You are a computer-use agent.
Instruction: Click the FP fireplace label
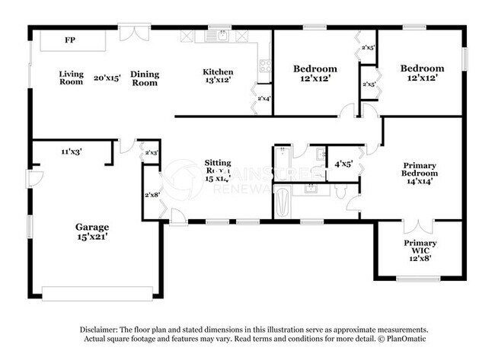tap(70, 40)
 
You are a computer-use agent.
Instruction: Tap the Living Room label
tap(71, 78)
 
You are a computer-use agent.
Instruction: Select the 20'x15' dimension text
tap(107, 78)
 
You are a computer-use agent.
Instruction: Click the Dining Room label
tap(144, 78)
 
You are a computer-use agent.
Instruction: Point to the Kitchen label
tap(217, 72)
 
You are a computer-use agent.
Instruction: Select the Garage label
tap(91, 226)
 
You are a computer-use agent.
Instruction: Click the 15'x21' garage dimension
tap(91, 237)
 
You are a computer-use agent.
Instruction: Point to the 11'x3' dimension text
tap(72, 151)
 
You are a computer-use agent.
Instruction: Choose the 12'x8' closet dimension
tap(420, 257)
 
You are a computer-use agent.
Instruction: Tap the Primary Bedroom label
tap(420, 168)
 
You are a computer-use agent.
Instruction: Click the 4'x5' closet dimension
tap(343, 164)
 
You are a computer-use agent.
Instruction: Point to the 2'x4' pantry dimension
tap(263, 98)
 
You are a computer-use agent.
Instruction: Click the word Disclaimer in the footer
tap(100, 329)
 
